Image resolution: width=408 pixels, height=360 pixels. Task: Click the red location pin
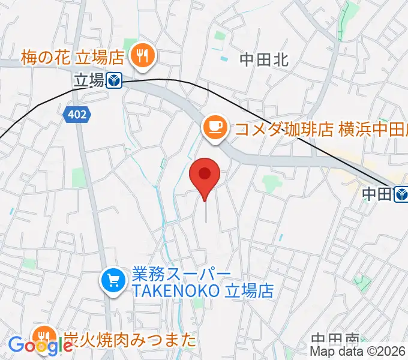click(x=205, y=176)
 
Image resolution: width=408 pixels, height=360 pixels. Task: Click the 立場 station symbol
click(x=115, y=80)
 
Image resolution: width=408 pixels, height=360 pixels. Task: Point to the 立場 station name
click(x=88, y=80)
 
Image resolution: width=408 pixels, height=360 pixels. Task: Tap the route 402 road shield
click(x=77, y=114)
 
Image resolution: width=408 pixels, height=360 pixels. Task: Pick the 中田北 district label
click(x=264, y=59)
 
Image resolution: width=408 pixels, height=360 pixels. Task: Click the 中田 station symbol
click(x=401, y=193)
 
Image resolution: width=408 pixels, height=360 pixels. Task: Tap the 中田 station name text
click(x=377, y=193)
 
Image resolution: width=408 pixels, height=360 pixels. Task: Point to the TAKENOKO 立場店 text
click(x=203, y=292)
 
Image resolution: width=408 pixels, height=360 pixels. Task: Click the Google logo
click(x=41, y=346)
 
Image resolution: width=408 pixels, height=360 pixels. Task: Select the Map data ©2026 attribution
click(x=358, y=351)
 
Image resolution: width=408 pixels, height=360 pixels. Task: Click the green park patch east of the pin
click(x=271, y=182)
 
